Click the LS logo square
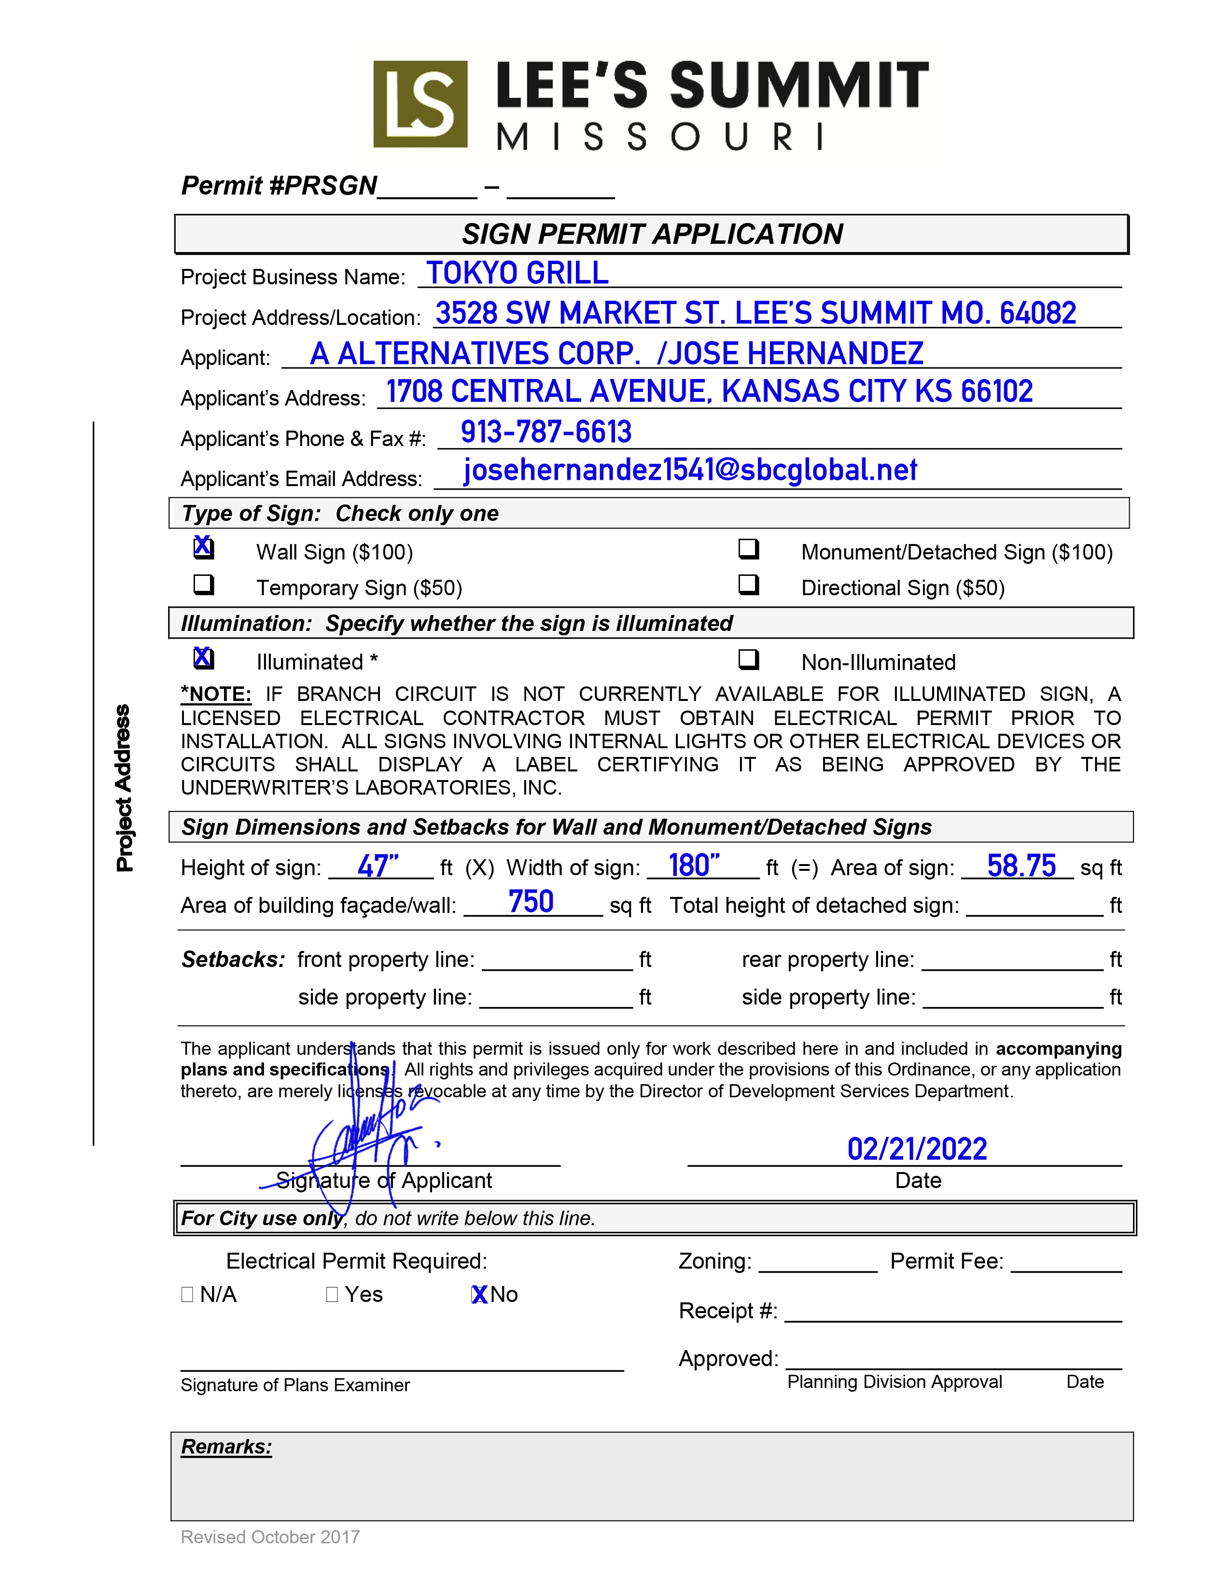(x=420, y=104)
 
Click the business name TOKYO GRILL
(x=517, y=274)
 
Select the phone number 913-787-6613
(x=546, y=432)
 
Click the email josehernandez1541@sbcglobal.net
(x=690, y=471)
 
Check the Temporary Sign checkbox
(x=203, y=584)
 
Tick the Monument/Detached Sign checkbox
(x=748, y=548)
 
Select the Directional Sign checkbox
(x=748, y=584)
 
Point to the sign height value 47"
(x=378, y=866)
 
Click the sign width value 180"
(x=694, y=866)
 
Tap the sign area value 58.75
(x=1021, y=866)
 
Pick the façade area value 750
(x=531, y=902)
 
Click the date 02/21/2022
(x=917, y=1149)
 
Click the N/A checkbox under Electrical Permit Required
(x=187, y=1295)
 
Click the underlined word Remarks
(x=226, y=1447)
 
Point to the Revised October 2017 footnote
(x=270, y=1537)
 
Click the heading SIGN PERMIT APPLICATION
(x=652, y=234)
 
